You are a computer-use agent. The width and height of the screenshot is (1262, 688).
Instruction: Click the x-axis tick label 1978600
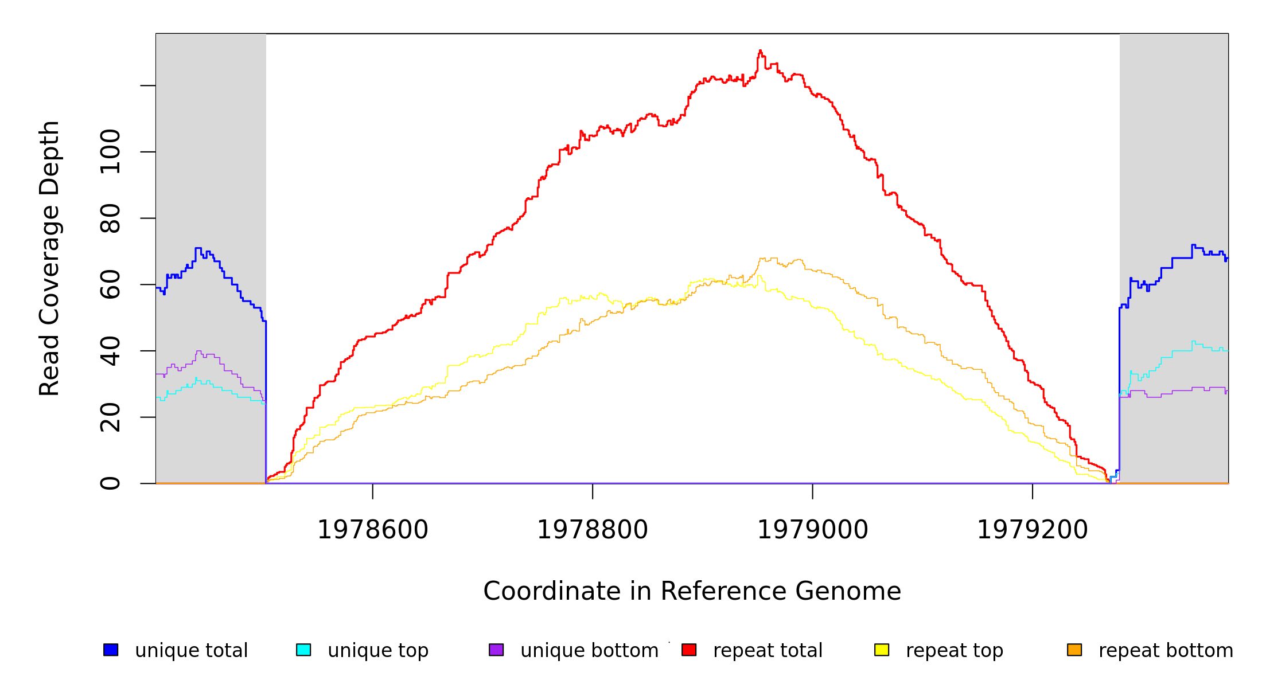click(372, 530)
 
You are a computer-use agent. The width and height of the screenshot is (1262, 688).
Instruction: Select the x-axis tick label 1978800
click(592, 530)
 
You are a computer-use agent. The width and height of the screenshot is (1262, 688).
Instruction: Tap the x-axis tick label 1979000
click(812, 530)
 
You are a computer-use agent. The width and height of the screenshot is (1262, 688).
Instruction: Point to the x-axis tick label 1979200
click(1032, 530)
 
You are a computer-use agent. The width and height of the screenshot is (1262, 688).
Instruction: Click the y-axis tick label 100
click(110, 152)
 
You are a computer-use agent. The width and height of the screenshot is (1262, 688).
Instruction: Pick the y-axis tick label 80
click(110, 218)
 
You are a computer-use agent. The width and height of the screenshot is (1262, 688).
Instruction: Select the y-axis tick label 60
click(110, 284)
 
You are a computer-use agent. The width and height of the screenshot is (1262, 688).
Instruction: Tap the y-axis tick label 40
click(110, 351)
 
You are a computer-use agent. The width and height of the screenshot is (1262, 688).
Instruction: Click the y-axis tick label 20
click(110, 417)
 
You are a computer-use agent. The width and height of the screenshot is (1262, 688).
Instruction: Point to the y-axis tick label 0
click(110, 483)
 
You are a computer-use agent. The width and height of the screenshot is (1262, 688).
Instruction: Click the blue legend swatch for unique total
click(111, 650)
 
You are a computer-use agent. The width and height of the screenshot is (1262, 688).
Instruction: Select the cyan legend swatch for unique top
click(303, 650)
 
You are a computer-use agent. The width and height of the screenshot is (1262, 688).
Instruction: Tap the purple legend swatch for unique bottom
click(496, 650)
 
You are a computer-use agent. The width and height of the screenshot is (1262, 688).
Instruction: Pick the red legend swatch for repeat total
click(689, 650)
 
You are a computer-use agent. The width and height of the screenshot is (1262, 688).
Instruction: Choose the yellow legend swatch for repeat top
click(882, 650)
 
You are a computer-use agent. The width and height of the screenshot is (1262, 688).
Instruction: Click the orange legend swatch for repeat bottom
click(1074, 650)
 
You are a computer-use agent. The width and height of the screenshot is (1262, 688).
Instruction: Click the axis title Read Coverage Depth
click(49, 258)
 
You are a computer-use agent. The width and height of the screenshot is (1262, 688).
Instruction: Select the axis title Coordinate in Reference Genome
click(692, 591)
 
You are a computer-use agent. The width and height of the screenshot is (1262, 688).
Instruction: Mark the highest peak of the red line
click(760, 51)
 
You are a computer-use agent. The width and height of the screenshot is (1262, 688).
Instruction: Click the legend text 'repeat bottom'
click(1166, 651)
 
